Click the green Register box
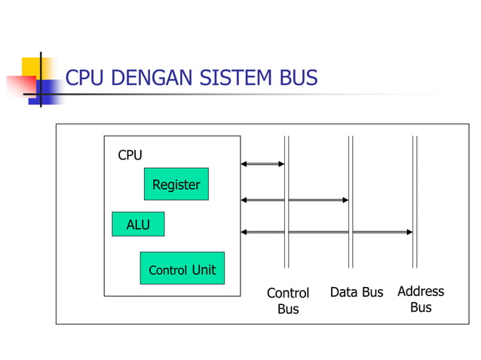click(176, 184)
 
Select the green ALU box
click(138, 224)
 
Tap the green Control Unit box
click(182, 268)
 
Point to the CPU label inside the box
click(130, 155)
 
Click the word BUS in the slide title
click(298, 78)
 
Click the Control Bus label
click(288, 301)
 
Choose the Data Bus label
click(357, 292)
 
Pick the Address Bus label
click(421, 299)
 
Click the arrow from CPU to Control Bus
click(262, 163)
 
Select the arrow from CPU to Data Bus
click(295, 200)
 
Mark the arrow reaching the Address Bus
click(326, 232)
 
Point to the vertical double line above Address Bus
click(415, 188)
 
